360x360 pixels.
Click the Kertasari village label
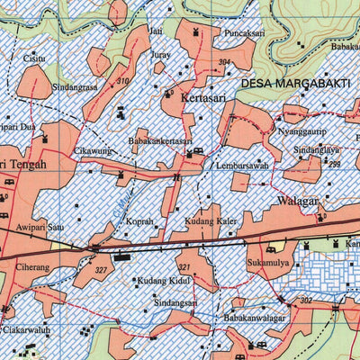pyautogui.click(x=204, y=97)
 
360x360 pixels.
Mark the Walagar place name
pyautogui.click(x=298, y=202)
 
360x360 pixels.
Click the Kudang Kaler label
pyautogui.click(x=210, y=221)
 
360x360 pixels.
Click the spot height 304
pyautogui.click(x=224, y=62)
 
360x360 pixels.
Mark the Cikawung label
pyautogui.click(x=94, y=151)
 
